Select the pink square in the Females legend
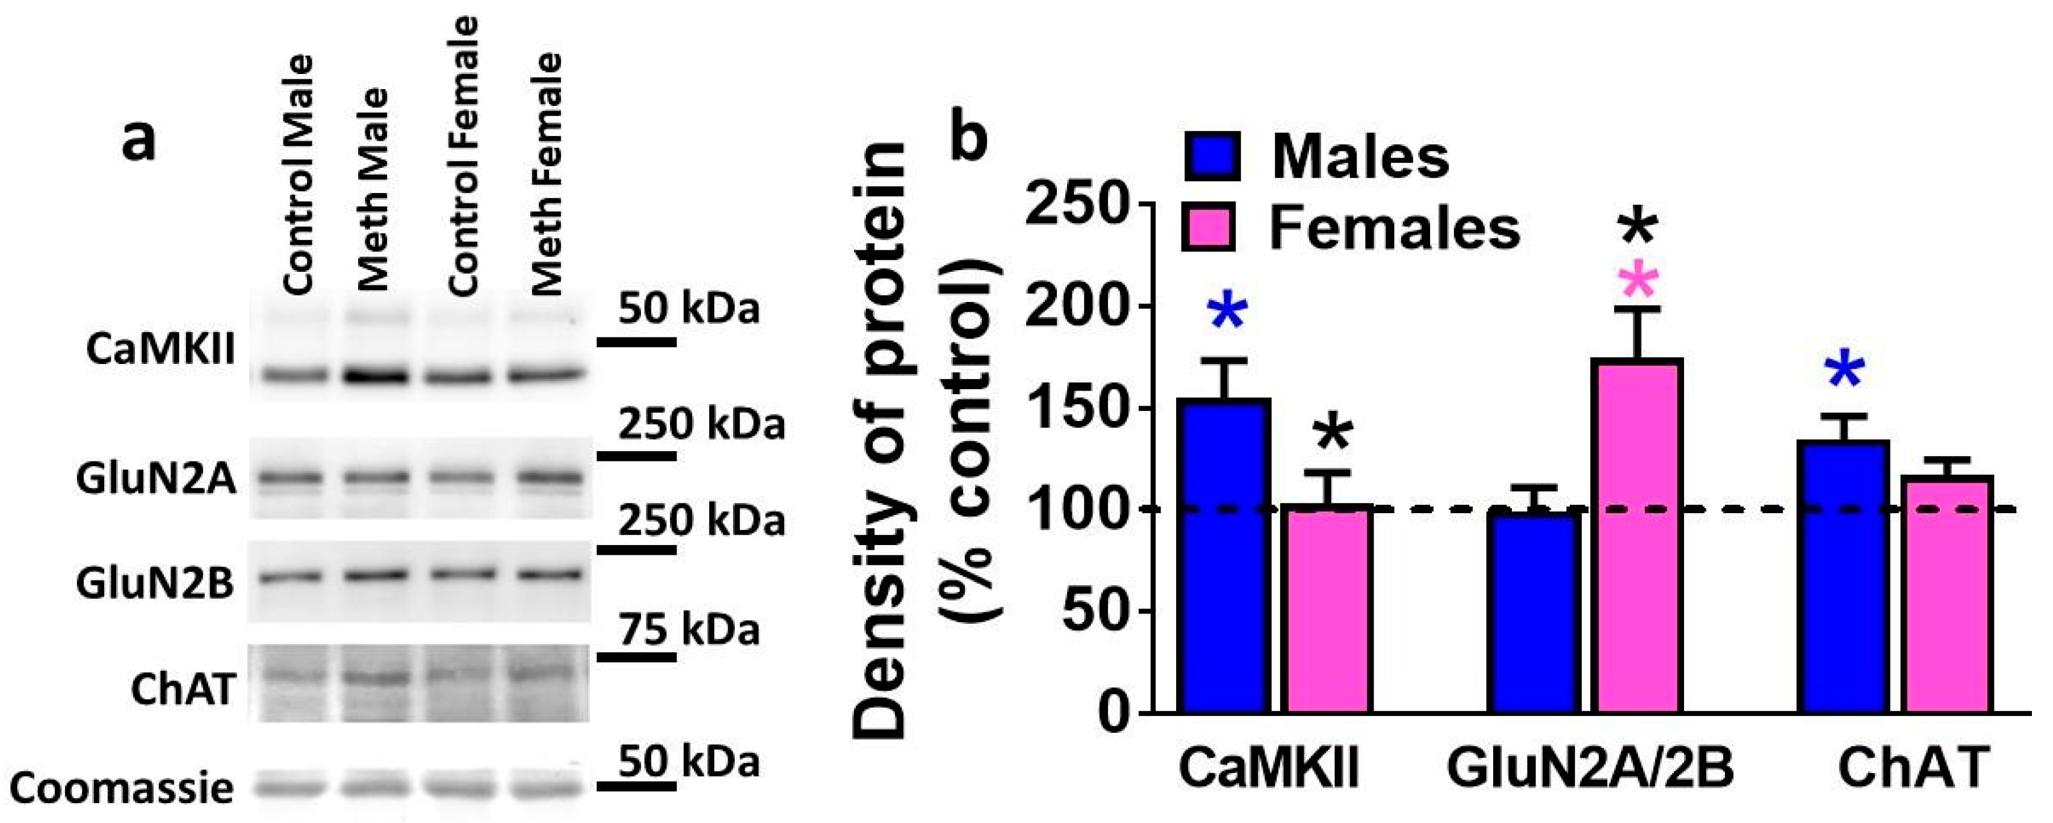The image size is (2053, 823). click(1209, 227)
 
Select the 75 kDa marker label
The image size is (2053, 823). click(689, 631)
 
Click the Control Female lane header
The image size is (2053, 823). click(463, 155)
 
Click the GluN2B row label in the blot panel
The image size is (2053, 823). click(155, 582)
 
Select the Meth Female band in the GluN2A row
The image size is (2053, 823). click(548, 478)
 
